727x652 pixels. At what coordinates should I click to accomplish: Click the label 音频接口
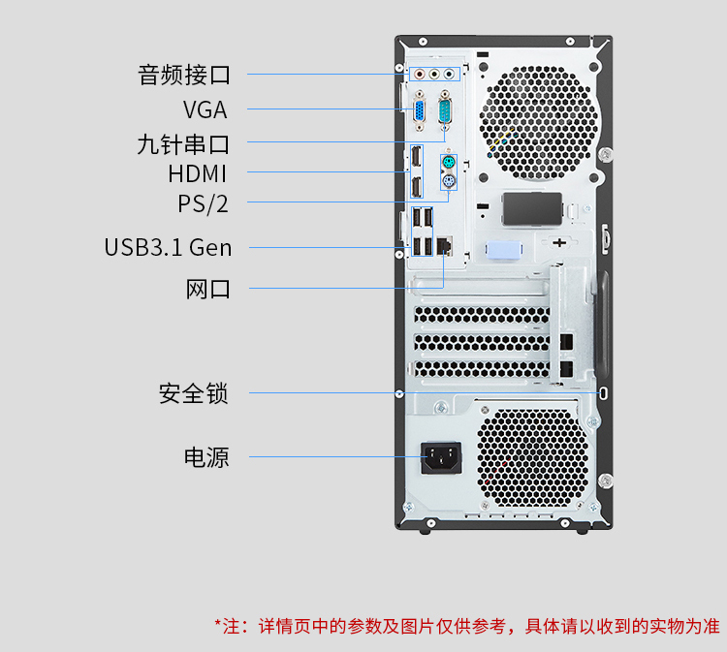(x=184, y=75)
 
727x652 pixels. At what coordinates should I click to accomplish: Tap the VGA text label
(x=205, y=109)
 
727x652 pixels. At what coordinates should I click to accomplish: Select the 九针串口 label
(x=183, y=144)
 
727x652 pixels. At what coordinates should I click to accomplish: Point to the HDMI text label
(x=197, y=173)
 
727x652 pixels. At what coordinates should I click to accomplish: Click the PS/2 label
(x=204, y=203)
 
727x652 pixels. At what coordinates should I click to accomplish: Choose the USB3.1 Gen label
(x=168, y=247)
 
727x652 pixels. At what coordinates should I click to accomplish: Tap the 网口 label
(x=207, y=289)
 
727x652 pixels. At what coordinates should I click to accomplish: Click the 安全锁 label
(x=194, y=393)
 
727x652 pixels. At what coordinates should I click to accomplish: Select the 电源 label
(x=206, y=457)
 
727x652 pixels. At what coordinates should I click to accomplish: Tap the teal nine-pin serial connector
(x=445, y=110)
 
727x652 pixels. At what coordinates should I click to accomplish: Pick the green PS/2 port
(x=449, y=163)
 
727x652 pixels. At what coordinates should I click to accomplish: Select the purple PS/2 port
(x=449, y=181)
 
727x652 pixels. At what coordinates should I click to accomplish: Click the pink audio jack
(x=420, y=74)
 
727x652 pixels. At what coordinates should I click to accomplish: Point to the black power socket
(x=441, y=458)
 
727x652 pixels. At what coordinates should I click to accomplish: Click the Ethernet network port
(x=444, y=246)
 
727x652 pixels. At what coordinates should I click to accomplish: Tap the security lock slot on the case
(x=603, y=393)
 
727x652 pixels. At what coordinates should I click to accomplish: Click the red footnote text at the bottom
(x=467, y=626)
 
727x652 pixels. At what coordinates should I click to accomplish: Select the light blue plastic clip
(x=504, y=250)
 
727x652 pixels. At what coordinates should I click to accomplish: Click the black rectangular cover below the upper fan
(x=532, y=209)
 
